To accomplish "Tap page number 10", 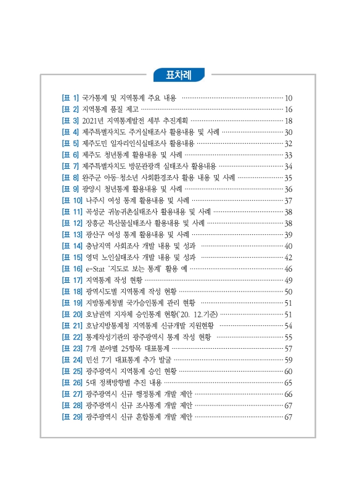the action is (288, 98).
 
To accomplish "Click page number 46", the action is (288, 269).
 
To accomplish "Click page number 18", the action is (288, 121).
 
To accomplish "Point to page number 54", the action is (288, 326).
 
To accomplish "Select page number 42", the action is (288, 258).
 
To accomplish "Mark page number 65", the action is (288, 383).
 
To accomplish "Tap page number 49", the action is (288, 280).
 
